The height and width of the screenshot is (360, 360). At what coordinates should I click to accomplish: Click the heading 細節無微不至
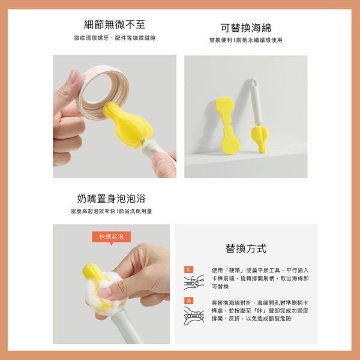(x=115, y=25)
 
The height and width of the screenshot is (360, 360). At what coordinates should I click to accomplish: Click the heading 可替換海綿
(x=245, y=28)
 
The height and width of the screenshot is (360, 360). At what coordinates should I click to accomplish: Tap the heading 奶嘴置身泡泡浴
(x=111, y=198)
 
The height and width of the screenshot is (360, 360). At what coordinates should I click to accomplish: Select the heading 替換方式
(x=246, y=248)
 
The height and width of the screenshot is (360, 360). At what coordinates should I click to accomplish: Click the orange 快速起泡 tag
(x=111, y=237)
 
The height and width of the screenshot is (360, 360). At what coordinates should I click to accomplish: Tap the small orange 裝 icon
(x=189, y=299)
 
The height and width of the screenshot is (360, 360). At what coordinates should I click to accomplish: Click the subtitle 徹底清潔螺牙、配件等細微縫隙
(x=115, y=38)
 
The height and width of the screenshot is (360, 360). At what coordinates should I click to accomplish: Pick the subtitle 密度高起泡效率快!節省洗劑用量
(x=111, y=211)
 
